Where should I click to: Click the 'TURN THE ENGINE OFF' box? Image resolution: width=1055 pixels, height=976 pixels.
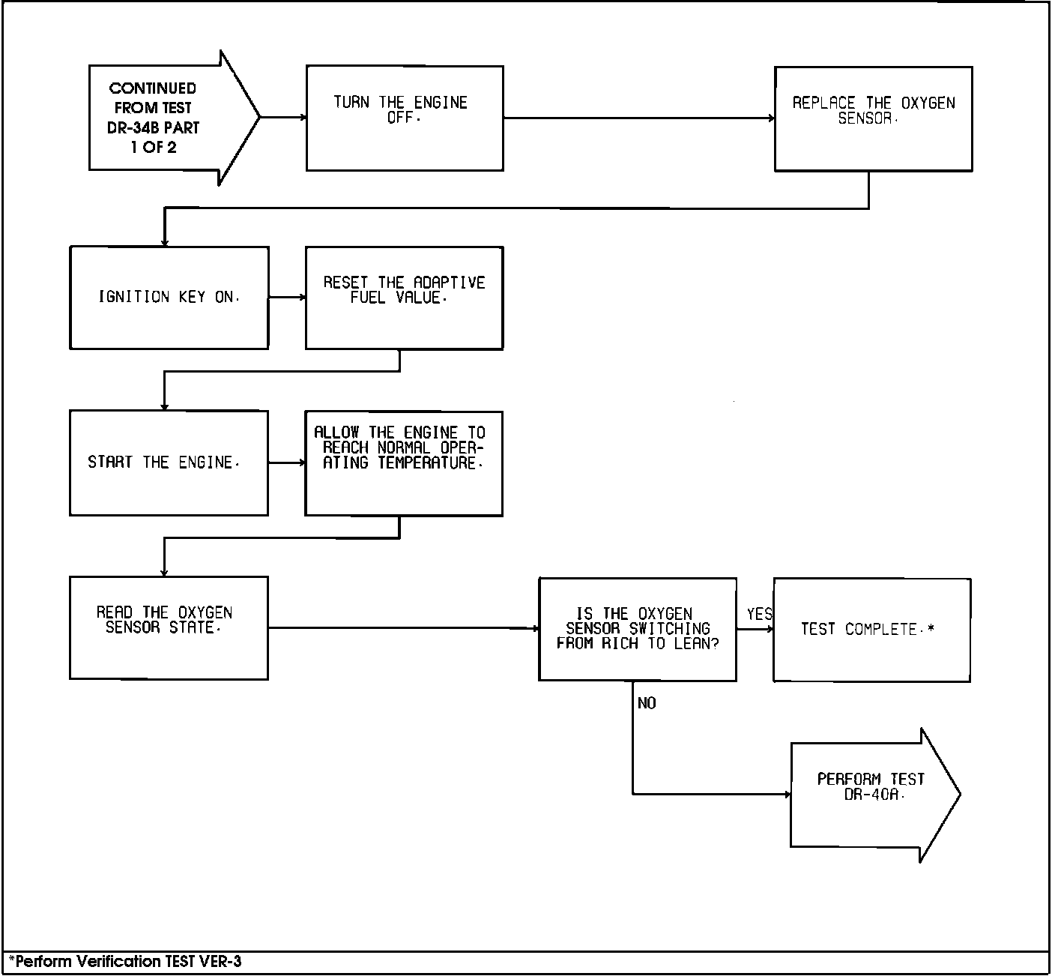coord(405,118)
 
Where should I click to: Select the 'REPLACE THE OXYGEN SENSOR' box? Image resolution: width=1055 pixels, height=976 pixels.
coord(873,118)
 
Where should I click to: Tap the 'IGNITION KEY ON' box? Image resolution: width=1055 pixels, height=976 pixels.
coord(169,298)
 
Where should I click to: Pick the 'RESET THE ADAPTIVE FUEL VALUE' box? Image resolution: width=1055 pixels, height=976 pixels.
coord(404,298)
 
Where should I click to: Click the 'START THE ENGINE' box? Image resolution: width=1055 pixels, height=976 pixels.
coord(169,463)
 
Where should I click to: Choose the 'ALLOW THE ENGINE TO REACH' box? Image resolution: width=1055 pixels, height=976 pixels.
coord(403,463)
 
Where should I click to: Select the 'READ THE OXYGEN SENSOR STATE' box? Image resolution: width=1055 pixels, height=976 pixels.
coord(169,627)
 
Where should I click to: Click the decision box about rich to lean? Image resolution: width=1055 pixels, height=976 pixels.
coord(637,629)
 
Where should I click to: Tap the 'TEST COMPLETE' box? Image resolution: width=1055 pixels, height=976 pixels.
coord(871,630)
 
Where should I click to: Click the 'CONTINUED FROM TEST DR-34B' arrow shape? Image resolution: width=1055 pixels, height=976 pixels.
coord(165,118)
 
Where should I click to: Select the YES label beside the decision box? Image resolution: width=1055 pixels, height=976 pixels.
coord(758,615)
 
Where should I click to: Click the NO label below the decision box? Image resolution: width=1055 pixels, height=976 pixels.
coord(647,703)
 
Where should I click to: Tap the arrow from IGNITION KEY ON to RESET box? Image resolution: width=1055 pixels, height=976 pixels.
coord(287,298)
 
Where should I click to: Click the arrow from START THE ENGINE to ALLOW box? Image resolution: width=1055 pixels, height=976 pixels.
coord(286,463)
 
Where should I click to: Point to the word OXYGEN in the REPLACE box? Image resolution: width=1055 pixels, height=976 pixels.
coord(928,103)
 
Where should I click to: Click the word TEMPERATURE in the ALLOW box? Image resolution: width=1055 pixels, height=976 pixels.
coord(427,463)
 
